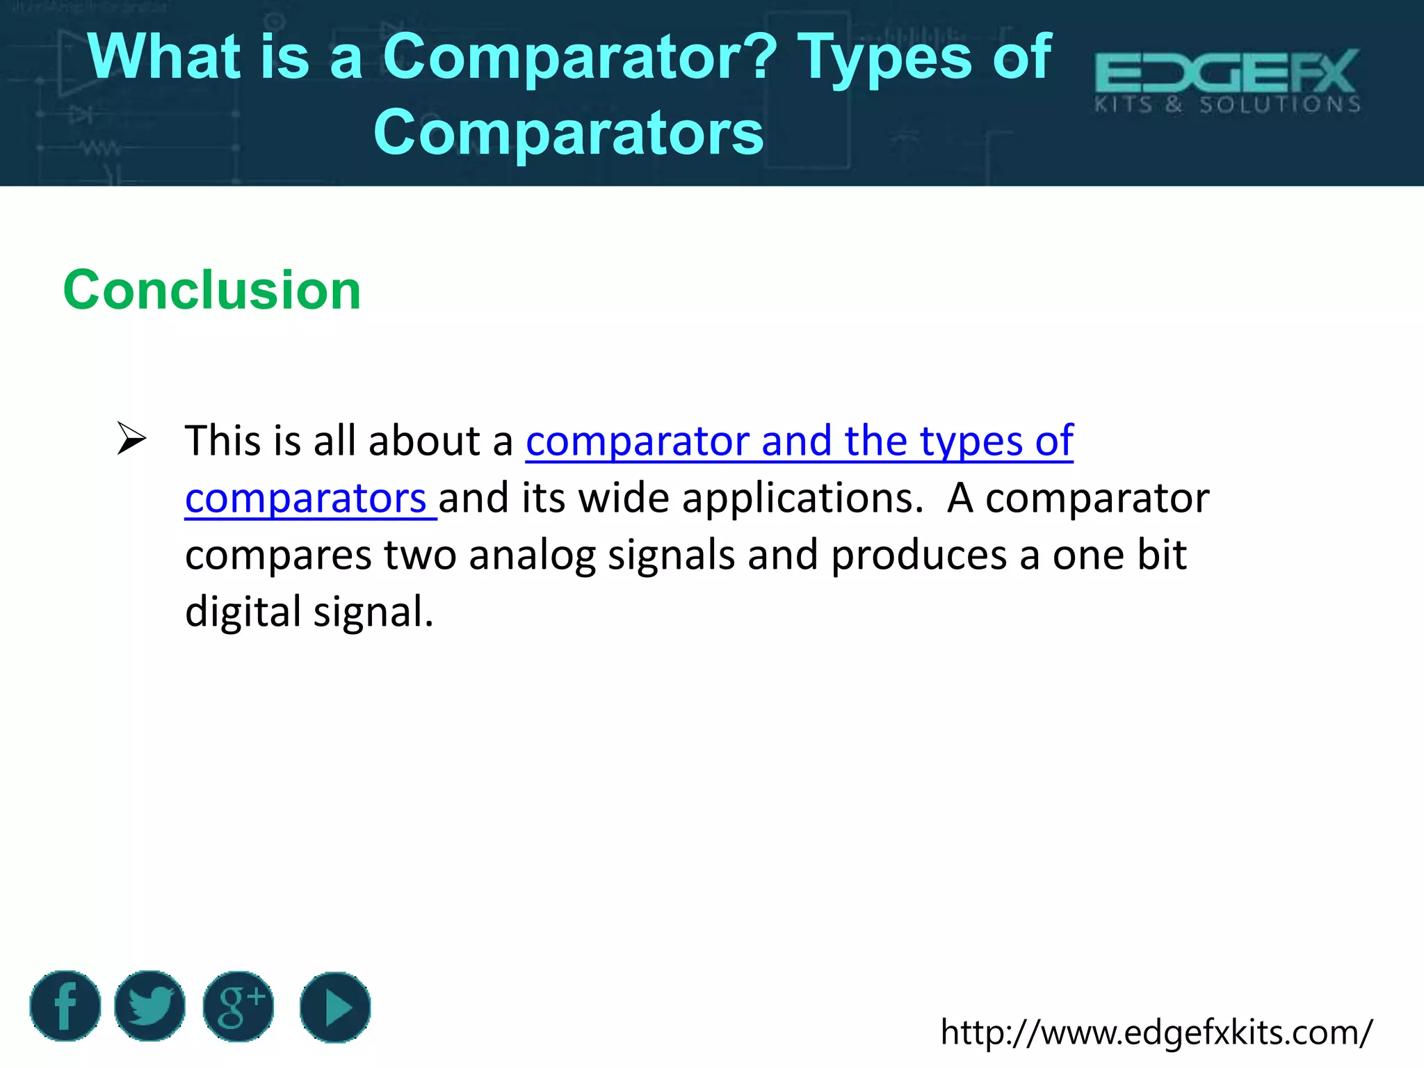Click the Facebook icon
[x=65, y=1005]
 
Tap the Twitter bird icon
[x=149, y=1005]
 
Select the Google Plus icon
[x=238, y=1006]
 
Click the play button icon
[x=335, y=1007]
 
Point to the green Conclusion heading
[x=212, y=290]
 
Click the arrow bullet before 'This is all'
[x=131, y=439]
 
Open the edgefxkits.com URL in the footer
[x=1156, y=1032]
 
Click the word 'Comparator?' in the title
[x=580, y=57]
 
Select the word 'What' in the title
[x=164, y=57]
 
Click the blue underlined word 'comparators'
[x=306, y=498]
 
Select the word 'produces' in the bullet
[x=919, y=555]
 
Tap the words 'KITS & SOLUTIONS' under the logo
[x=1227, y=105]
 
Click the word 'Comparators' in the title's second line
[x=568, y=132]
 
